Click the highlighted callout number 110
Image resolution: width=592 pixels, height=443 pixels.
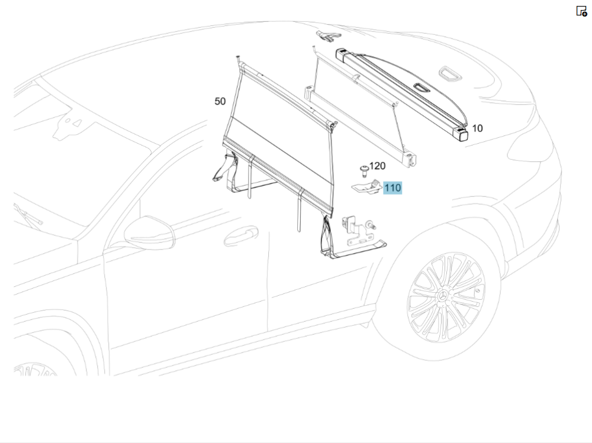392,188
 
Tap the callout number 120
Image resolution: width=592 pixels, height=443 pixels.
377,166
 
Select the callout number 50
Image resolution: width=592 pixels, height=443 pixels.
220,101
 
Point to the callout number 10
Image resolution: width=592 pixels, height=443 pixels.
477,128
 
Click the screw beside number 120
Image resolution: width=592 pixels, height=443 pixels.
364,171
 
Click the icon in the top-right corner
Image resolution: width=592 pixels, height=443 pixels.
581,11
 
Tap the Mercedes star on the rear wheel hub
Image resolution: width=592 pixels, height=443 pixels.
442,296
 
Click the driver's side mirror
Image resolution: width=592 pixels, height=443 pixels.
150,232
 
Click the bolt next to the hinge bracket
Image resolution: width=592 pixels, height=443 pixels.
371,226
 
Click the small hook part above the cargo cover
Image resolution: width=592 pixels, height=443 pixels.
328,36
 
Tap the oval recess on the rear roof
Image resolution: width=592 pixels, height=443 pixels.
451,73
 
